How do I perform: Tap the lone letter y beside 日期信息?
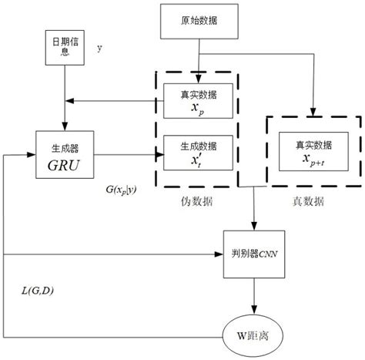99,48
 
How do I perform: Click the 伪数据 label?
190,199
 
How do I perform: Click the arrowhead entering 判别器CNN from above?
254,226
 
